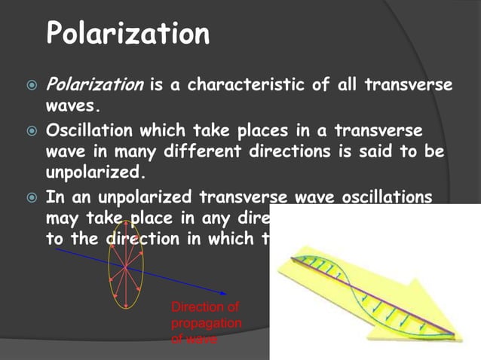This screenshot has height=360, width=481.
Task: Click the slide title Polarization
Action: pyautogui.click(x=127, y=33)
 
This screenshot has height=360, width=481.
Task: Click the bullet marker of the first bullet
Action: pyautogui.click(x=28, y=86)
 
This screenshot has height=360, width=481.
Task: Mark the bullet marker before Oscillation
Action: pyautogui.click(x=28, y=133)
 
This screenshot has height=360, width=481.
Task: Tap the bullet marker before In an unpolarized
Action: pyautogui.click(x=28, y=199)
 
